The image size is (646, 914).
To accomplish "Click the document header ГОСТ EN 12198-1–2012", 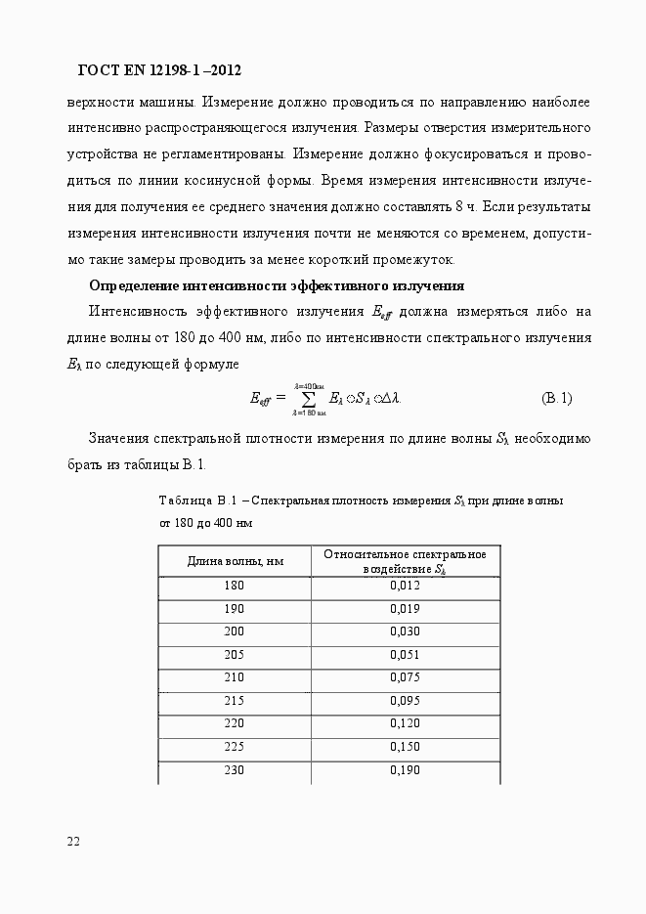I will tap(158, 70).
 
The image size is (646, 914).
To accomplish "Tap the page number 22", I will tap(73, 842).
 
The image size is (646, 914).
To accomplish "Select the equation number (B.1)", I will tap(556, 398).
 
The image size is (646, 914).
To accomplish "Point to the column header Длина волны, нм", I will tap(235, 561).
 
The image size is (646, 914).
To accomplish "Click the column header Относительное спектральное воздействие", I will tap(405, 561).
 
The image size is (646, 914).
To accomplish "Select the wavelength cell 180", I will tap(235, 586).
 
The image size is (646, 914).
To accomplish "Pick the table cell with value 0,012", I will tap(405, 586).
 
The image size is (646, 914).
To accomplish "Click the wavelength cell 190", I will tap(235, 609).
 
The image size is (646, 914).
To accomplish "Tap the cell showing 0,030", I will tap(405, 631).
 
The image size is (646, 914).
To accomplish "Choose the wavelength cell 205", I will tap(235, 655).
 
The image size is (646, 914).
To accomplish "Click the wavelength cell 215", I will tap(235, 701).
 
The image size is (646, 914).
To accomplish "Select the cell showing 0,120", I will tap(405, 724).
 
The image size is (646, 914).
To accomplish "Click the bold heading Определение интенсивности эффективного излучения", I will tap(277, 285).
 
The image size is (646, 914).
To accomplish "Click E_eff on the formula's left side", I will tap(260, 399).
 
